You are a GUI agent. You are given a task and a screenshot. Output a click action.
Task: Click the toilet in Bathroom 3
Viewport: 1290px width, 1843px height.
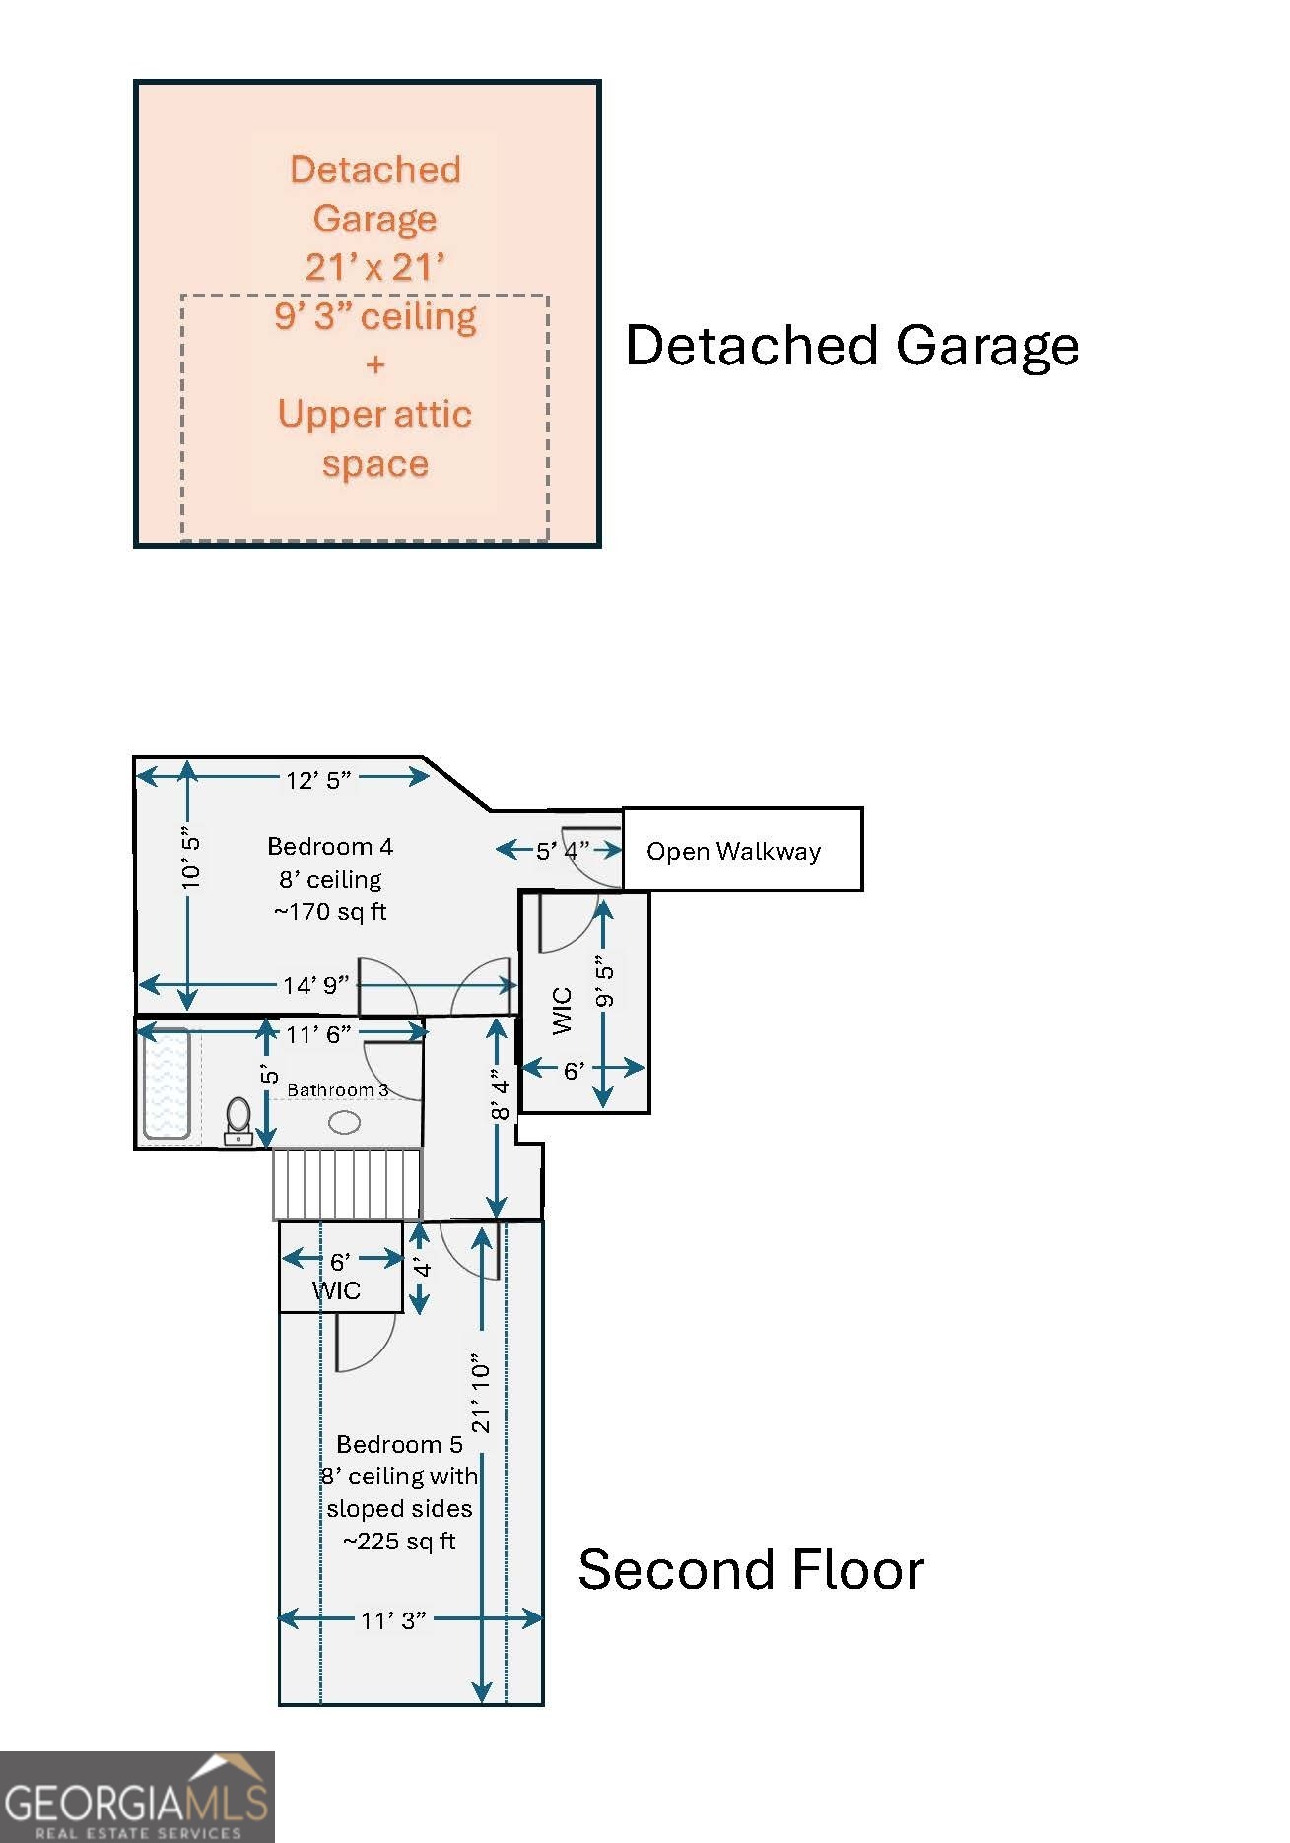point(238,1121)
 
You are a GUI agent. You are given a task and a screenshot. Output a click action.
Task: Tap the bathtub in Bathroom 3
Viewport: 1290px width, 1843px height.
point(167,1084)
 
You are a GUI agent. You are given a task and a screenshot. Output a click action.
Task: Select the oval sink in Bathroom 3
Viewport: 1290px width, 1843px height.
point(344,1121)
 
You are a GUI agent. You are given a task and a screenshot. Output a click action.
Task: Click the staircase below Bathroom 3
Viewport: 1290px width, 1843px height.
point(347,1184)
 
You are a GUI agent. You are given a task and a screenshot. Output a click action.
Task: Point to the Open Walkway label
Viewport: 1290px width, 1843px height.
point(733,851)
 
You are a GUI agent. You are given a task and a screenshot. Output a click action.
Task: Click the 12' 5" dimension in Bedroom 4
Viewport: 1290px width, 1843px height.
point(318,780)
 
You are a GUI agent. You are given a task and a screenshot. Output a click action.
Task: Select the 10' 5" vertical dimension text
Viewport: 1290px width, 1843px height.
point(191,858)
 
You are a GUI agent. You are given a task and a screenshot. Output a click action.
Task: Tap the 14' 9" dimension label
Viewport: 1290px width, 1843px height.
point(315,985)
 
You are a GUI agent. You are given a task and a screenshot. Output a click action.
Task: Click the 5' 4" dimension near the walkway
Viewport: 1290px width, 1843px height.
point(562,850)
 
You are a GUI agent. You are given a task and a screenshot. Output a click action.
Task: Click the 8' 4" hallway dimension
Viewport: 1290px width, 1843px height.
point(501,1093)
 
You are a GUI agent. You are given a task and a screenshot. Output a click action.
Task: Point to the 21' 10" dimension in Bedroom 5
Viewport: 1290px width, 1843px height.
point(480,1393)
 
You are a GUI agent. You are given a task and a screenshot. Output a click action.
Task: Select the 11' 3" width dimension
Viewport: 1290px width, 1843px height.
point(393,1620)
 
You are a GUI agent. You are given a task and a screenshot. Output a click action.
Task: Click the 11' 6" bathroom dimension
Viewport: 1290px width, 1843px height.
point(318,1034)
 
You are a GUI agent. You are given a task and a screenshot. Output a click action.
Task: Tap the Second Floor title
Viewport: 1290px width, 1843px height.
point(751,1569)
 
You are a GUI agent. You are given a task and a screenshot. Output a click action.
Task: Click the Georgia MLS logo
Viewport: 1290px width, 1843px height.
point(137,1797)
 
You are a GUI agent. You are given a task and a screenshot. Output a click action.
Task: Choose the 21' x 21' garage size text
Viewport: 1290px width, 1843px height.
point(375,267)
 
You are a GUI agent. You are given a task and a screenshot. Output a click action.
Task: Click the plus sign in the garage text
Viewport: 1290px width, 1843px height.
point(375,365)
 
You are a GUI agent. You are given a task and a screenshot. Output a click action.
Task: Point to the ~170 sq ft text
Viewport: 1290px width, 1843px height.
point(330,912)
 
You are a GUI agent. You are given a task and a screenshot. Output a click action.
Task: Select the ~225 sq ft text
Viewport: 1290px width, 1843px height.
point(399,1542)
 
